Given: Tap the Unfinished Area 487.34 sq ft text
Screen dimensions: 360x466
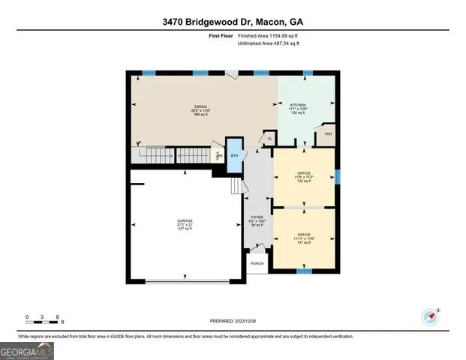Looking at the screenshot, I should [268, 44].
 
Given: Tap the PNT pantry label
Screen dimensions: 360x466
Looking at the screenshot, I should [329, 134].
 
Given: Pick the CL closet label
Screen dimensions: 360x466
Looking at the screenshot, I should [269, 138].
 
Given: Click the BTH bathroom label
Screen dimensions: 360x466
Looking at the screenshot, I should [234, 155].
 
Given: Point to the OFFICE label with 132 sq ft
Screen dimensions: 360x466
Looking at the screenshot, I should [303, 177].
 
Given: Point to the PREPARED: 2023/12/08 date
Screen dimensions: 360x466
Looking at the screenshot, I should [232, 320].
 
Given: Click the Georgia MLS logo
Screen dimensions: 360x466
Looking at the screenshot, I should [26, 349].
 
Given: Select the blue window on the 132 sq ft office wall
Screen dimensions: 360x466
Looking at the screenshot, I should [338, 177].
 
